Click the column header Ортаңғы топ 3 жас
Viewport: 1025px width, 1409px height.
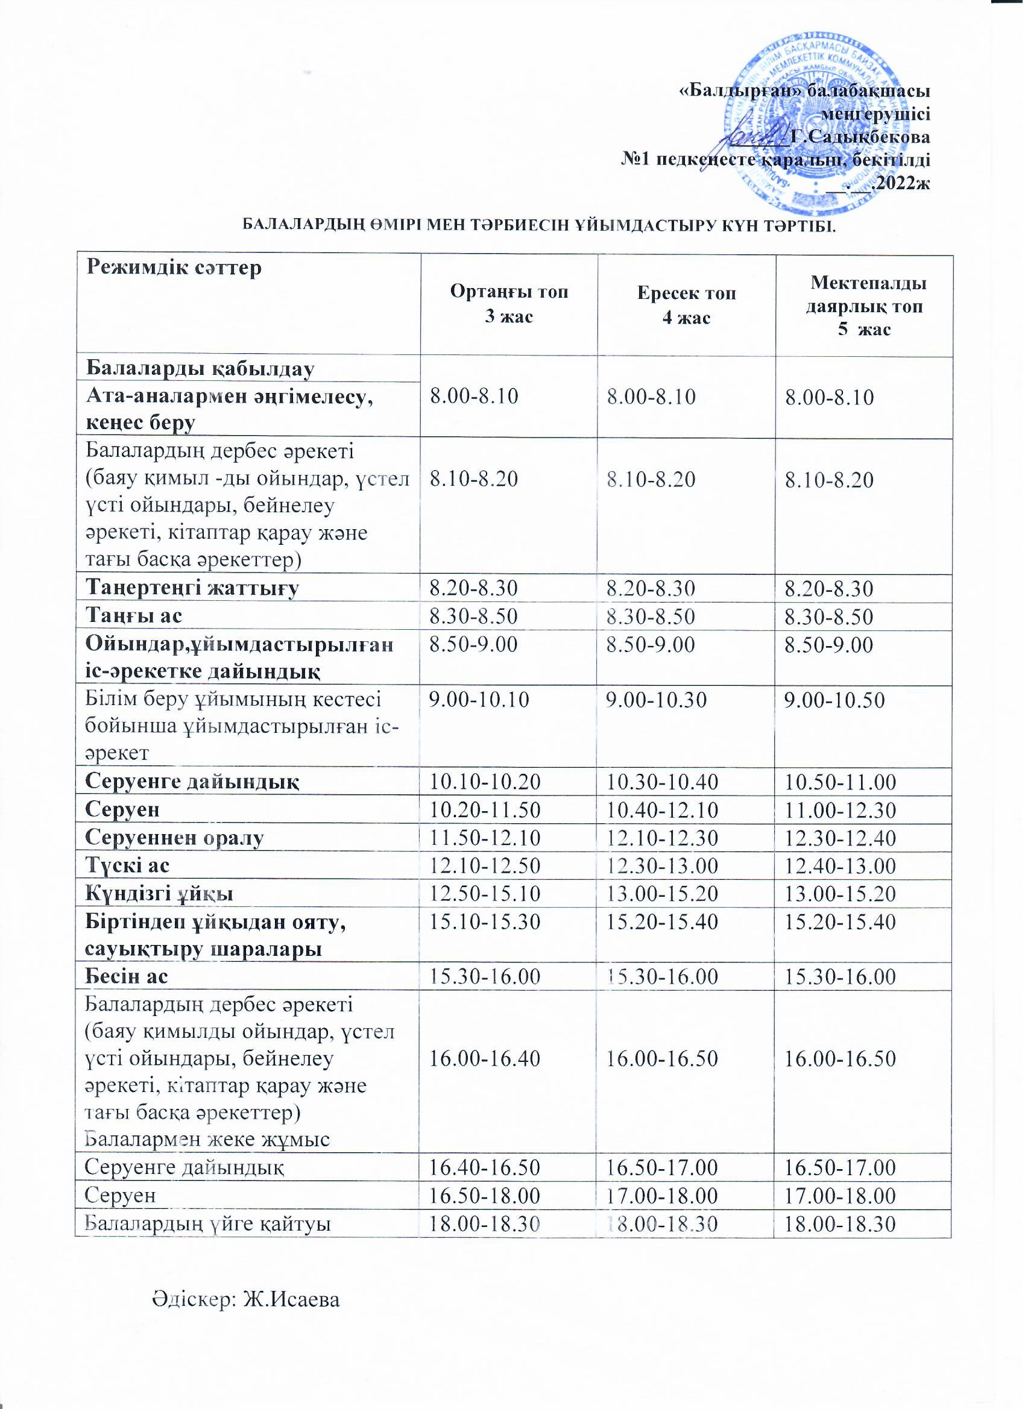click(509, 304)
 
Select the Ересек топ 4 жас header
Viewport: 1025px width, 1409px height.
click(686, 305)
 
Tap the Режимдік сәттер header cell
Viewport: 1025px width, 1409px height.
click(175, 268)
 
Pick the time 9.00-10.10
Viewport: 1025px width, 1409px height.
click(479, 700)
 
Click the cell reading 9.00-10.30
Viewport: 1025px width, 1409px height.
click(657, 700)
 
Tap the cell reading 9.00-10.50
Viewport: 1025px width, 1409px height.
click(835, 700)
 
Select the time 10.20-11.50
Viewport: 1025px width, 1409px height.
click(485, 810)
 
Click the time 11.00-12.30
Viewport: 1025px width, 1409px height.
click(840, 810)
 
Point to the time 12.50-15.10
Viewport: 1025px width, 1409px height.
click(485, 893)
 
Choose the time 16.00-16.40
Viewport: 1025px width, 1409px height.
click(485, 1059)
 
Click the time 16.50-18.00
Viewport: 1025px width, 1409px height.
click(485, 1196)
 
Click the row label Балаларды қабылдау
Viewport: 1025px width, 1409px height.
click(199, 369)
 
